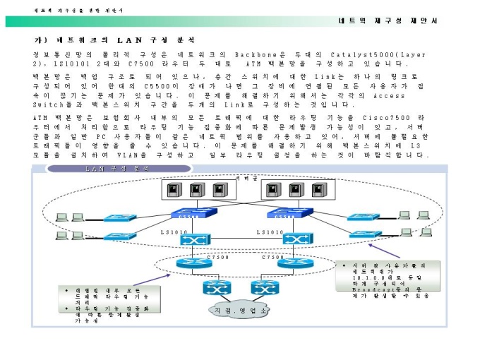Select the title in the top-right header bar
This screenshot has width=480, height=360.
[388, 21]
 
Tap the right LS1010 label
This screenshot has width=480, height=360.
[270, 232]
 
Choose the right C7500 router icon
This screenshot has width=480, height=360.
[290, 263]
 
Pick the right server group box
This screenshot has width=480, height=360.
[287, 190]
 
